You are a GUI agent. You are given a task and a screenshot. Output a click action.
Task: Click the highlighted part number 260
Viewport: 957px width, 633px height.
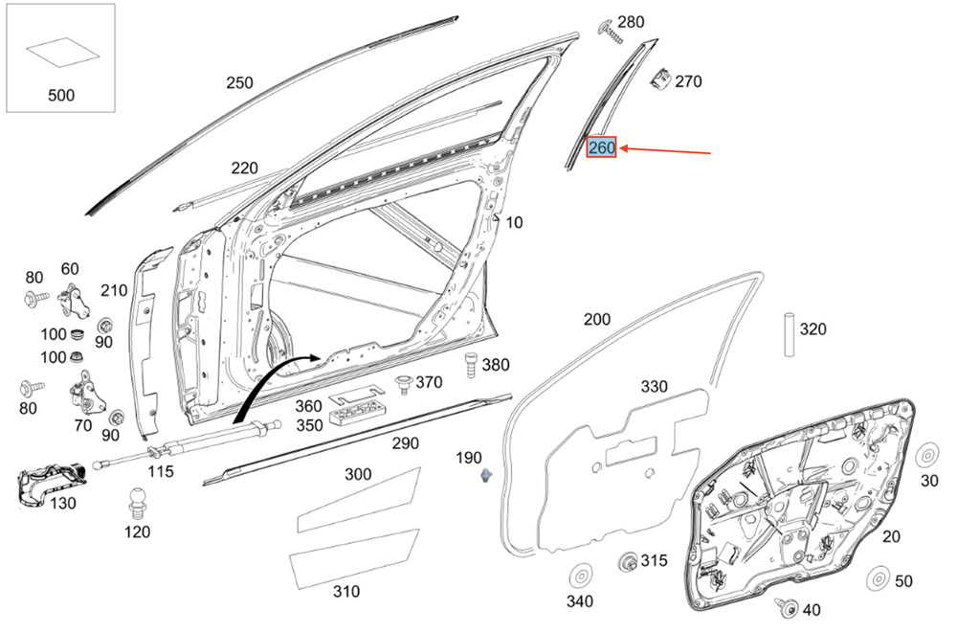[601, 147]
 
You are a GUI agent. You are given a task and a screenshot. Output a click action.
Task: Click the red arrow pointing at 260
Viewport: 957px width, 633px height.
[665, 150]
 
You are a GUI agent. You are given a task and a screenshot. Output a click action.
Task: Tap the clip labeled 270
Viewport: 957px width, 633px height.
[659, 79]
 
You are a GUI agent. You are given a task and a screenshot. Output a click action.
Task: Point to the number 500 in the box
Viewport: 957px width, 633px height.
[61, 96]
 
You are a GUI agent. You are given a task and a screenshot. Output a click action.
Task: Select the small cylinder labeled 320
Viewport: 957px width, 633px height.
[790, 334]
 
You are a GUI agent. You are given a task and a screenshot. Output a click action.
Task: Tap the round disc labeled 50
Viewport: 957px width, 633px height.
[879, 578]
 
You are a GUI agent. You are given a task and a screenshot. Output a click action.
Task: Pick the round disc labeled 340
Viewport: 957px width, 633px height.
[581, 576]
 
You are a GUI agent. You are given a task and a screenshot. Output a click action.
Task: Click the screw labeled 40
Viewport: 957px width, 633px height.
[787, 607]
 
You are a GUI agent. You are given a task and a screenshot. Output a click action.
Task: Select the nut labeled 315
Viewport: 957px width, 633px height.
[628, 561]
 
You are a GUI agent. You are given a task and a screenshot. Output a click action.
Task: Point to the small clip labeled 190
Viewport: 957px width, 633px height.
[486, 475]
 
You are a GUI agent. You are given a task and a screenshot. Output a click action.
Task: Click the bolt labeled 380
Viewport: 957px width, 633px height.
[471, 365]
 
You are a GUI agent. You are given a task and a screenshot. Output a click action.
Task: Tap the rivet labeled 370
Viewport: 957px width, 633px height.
[403, 385]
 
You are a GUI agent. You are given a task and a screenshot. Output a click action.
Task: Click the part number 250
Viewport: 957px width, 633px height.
[239, 82]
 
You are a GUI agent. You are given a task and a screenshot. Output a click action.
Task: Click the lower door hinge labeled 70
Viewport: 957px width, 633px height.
[85, 396]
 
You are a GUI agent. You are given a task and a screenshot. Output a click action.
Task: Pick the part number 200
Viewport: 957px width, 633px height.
[596, 319]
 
